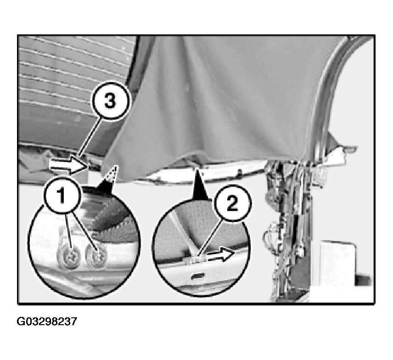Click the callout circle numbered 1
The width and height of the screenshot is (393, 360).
[x=62, y=196]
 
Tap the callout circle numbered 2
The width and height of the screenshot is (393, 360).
[x=232, y=203]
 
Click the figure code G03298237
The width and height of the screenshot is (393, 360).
[x=47, y=321]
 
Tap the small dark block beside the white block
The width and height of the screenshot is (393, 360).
[x=362, y=280]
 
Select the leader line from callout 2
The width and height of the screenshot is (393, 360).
[x=210, y=238]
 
